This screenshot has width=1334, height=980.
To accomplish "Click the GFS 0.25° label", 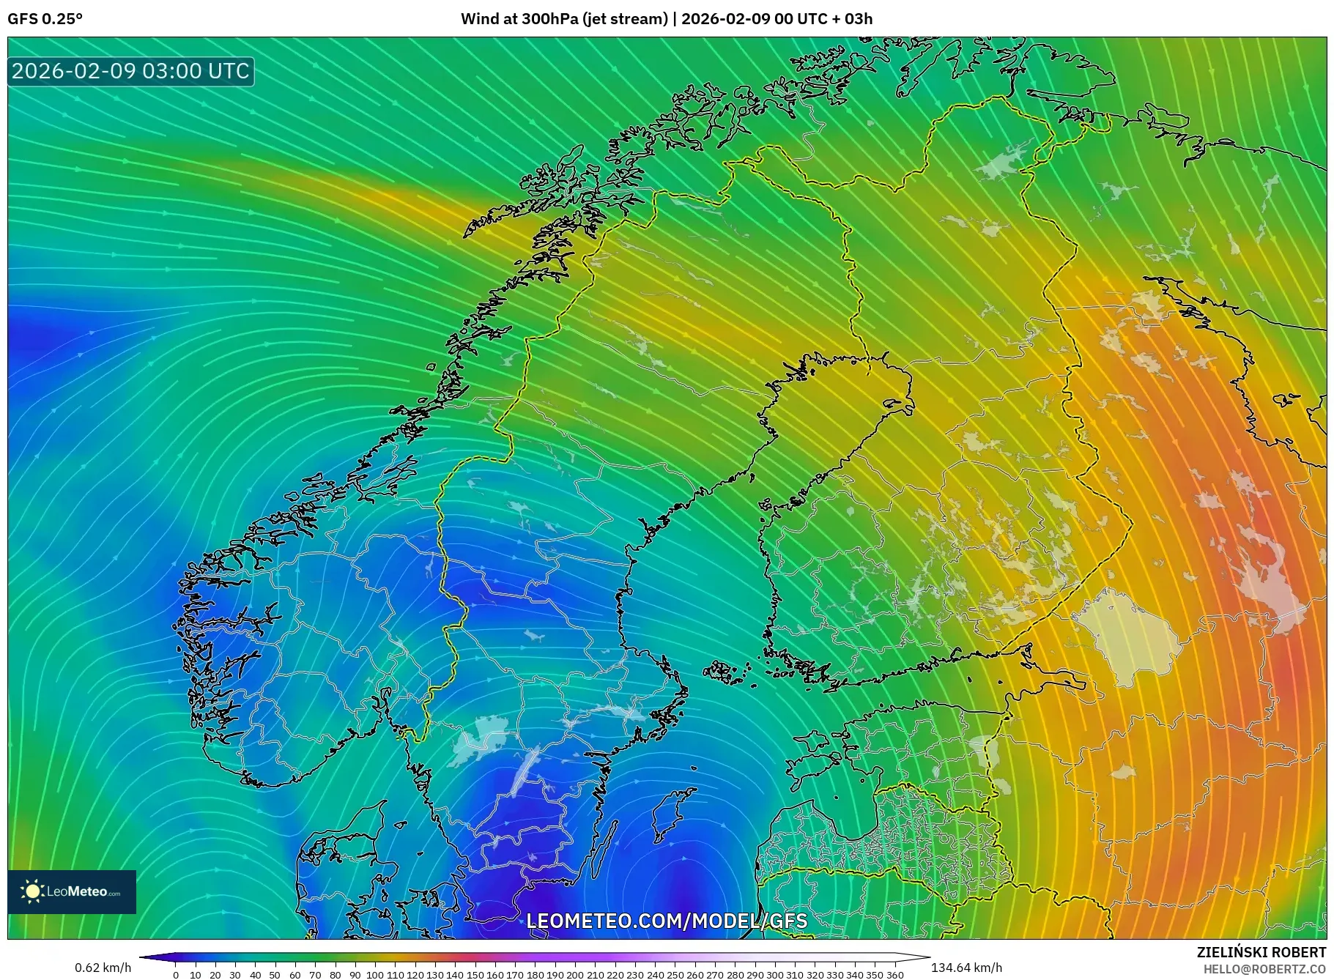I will coord(45,19).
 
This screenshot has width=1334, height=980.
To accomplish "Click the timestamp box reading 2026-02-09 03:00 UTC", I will coord(131,71).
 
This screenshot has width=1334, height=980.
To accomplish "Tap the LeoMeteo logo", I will coord(72,891).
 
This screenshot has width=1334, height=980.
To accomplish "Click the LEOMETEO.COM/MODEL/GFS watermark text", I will coord(667,921).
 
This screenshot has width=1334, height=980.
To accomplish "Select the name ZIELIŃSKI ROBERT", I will coord(1261,952).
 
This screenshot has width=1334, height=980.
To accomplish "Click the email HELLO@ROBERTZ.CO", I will coord(1264,969).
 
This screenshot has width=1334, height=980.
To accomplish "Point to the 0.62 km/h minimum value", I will coord(103,968).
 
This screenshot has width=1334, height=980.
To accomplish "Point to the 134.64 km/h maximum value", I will coord(966,968).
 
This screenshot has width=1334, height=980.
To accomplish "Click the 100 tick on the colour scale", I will coord(375,975).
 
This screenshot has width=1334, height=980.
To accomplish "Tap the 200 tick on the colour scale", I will coord(575,975).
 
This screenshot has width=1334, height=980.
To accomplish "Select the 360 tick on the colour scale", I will coord(894,975).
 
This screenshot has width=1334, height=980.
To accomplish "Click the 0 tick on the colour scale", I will coord(176,975).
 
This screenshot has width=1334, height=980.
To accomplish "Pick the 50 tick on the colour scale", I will coord(275,975).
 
